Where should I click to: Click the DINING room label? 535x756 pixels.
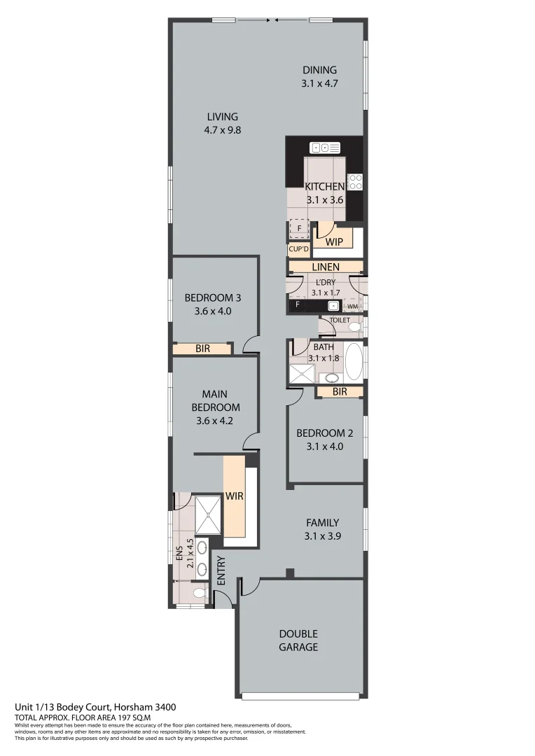[x=319, y=70]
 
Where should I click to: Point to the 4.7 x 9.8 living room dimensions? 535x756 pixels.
[x=222, y=129]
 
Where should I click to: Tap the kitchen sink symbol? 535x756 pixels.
[x=325, y=148]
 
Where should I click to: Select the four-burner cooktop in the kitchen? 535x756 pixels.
[x=355, y=182]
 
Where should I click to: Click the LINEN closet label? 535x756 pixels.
[x=325, y=267]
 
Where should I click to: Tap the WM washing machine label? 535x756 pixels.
[x=352, y=306]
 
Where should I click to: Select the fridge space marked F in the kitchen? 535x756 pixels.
[x=299, y=229]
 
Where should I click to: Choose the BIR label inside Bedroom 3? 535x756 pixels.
[x=202, y=349]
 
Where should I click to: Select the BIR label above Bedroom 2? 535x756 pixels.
[x=340, y=392]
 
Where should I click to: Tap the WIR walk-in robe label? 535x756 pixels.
[x=233, y=496]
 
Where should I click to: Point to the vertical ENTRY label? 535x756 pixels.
[x=221, y=570]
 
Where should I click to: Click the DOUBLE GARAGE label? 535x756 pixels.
[x=298, y=640]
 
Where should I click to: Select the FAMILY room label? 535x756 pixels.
[x=322, y=523]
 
